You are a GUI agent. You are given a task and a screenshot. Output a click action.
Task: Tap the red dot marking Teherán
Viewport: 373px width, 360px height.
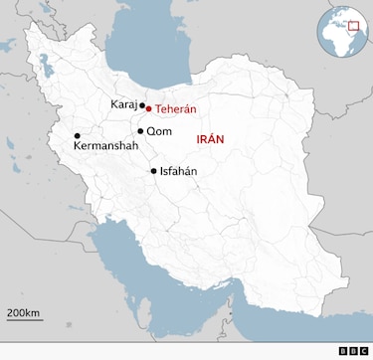pos(148,108)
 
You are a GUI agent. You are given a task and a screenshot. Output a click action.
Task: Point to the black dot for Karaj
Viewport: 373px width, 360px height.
pos(142,105)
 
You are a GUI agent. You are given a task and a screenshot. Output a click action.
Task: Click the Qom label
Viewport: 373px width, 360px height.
pos(158,131)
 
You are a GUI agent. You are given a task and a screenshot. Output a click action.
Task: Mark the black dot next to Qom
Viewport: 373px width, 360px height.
pos(140,131)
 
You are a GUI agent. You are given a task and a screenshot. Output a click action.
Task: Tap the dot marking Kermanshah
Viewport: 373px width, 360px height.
pos(77,136)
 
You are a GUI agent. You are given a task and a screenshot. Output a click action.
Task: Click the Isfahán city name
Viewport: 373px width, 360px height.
pos(179,171)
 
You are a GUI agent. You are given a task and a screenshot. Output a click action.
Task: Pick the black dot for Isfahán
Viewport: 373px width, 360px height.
pos(153,171)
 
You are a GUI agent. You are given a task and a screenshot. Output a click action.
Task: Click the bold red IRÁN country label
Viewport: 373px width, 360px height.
pos(212,141)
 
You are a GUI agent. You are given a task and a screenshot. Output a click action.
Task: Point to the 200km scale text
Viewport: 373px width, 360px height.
pos(23,313)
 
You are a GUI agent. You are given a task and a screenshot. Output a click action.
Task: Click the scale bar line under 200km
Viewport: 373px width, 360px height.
pos(23,321)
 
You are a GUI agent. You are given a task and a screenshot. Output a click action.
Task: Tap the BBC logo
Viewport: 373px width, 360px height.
pos(353,350)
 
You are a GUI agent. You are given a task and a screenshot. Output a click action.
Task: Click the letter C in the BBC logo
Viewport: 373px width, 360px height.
pos(363,350)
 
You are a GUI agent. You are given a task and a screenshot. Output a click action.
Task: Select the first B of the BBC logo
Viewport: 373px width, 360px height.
pos(343,350)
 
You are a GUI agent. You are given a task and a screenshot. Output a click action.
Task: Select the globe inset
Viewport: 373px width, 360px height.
pos(343,34)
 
